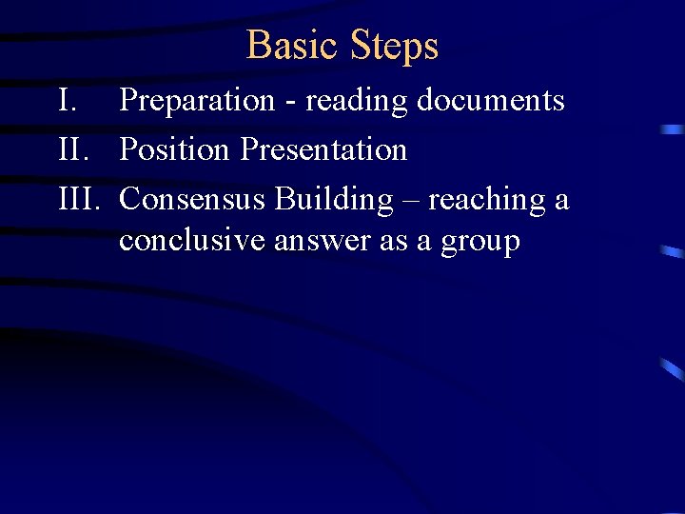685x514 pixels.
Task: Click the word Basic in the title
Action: pyautogui.click(x=293, y=45)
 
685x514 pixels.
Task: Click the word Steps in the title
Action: pyautogui.click(x=394, y=46)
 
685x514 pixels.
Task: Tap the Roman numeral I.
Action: pyautogui.click(x=66, y=100)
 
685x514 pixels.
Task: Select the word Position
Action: pyautogui.click(x=176, y=149)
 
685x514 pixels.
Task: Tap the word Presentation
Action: pyautogui.click(x=323, y=149)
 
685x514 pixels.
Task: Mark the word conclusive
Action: pyautogui.click(x=192, y=241)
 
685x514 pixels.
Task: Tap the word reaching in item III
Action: pyautogui.click(x=485, y=200)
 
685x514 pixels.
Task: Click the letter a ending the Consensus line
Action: pyautogui.click(x=561, y=201)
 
